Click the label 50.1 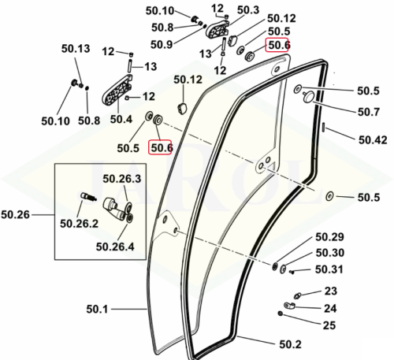point(97,310)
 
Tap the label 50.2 point(290,344)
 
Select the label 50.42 point(373,140)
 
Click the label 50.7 point(369,112)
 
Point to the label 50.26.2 point(79,224)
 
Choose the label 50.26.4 point(115,247)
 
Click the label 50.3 point(248,10)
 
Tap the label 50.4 point(121,119)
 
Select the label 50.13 point(76,49)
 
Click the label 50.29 point(329,237)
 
